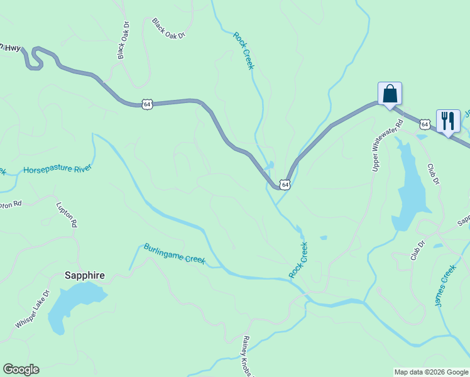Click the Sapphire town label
[85, 275]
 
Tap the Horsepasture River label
[57, 169]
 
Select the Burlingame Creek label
[175, 254]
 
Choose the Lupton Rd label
[66, 214]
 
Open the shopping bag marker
[390, 94]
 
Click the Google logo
[21, 369]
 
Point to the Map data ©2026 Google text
[431, 372]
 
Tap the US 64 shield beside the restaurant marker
[425, 124]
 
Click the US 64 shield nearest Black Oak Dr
[146, 104]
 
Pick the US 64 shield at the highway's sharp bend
[285, 185]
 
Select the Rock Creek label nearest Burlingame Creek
[298, 260]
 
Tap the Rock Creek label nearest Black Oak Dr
[243, 51]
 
